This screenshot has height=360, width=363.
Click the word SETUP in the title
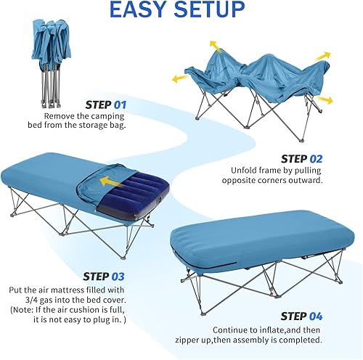[213, 11]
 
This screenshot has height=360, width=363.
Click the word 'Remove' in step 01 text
[60, 115]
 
